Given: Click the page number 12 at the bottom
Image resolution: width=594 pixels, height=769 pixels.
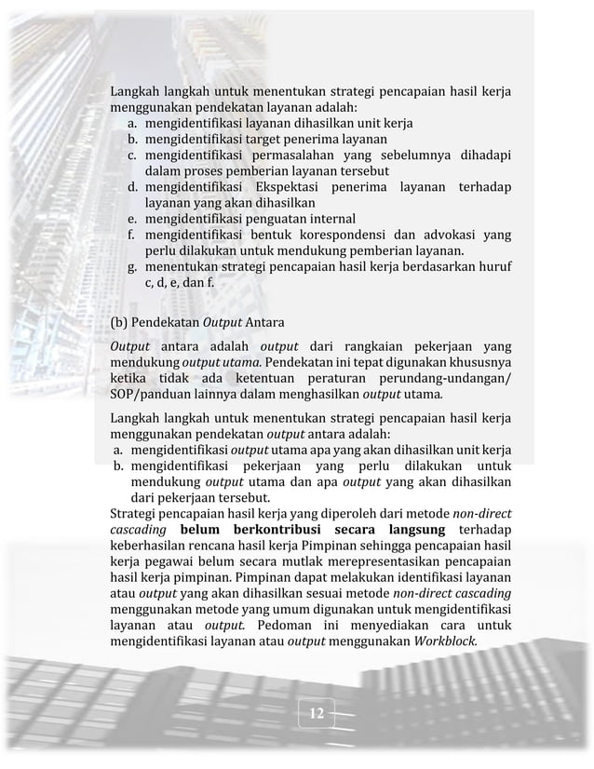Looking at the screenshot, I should click(x=317, y=714).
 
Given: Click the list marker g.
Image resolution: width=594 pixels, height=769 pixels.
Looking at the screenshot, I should click(x=134, y=267).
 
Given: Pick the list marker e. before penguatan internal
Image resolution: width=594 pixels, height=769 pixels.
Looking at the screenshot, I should click(x=134, y=219).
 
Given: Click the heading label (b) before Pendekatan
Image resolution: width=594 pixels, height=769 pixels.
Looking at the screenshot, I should click(x=118, y=324).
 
